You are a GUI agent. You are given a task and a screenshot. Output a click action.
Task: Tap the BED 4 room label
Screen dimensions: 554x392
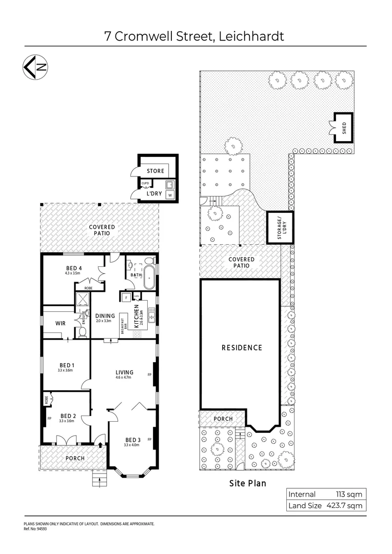click(74, 268)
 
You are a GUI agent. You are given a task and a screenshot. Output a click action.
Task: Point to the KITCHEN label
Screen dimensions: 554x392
click(136, 316)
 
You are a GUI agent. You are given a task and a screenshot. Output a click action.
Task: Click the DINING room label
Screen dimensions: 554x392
click(105, 316)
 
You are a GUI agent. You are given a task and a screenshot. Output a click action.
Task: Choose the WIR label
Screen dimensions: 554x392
click(61, 324)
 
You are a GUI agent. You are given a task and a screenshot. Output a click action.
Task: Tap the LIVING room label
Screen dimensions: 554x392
click(124, 372)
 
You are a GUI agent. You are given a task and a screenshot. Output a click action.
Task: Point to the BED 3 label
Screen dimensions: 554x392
click(132, 440)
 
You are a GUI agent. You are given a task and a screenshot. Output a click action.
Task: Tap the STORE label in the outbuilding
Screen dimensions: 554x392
click(155, 171)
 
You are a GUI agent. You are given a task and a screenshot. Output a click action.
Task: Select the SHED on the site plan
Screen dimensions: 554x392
click(342, 127)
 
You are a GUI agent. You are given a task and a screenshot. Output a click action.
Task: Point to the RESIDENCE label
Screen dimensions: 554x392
click(242, 347)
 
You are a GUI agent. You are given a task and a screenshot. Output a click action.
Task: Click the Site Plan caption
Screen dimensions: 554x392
click(247, 483)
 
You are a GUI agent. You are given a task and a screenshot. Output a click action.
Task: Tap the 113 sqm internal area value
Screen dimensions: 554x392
click(348, 494)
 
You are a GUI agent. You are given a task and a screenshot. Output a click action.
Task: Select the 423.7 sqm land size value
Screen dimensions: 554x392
click(344, 506)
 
